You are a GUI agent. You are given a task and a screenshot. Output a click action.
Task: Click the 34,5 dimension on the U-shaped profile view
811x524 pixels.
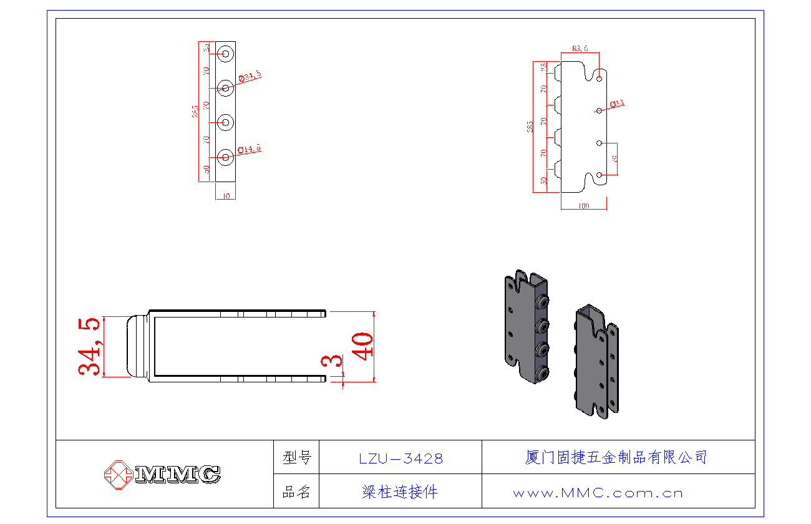click(x=89, y=347)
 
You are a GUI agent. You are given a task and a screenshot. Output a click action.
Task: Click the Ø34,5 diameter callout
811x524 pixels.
click(x=250, y=77)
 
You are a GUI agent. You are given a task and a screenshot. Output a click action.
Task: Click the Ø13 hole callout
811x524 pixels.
click(x=617, y=103)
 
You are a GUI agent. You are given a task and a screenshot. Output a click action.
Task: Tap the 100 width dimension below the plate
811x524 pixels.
click(x=584, y=205)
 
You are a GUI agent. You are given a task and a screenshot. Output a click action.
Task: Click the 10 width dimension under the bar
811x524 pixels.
click(x=226, y=196)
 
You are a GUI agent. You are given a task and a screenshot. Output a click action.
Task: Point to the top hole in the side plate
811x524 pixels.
click(x=600, y=79)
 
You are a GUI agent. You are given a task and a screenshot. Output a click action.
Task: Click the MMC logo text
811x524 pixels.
click(x=177, y=475)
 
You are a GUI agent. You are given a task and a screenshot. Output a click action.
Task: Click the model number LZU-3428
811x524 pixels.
click(x=401, y=458)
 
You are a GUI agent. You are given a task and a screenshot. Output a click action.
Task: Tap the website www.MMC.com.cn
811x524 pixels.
click(x=598, y=493)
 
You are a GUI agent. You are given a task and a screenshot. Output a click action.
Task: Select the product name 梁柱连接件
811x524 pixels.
click(x=400, y=492)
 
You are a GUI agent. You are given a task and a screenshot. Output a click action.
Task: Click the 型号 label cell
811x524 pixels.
click(x=296, y=458)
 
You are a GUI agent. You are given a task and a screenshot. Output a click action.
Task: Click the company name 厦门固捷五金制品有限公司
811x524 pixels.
click(x=616, y=457)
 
